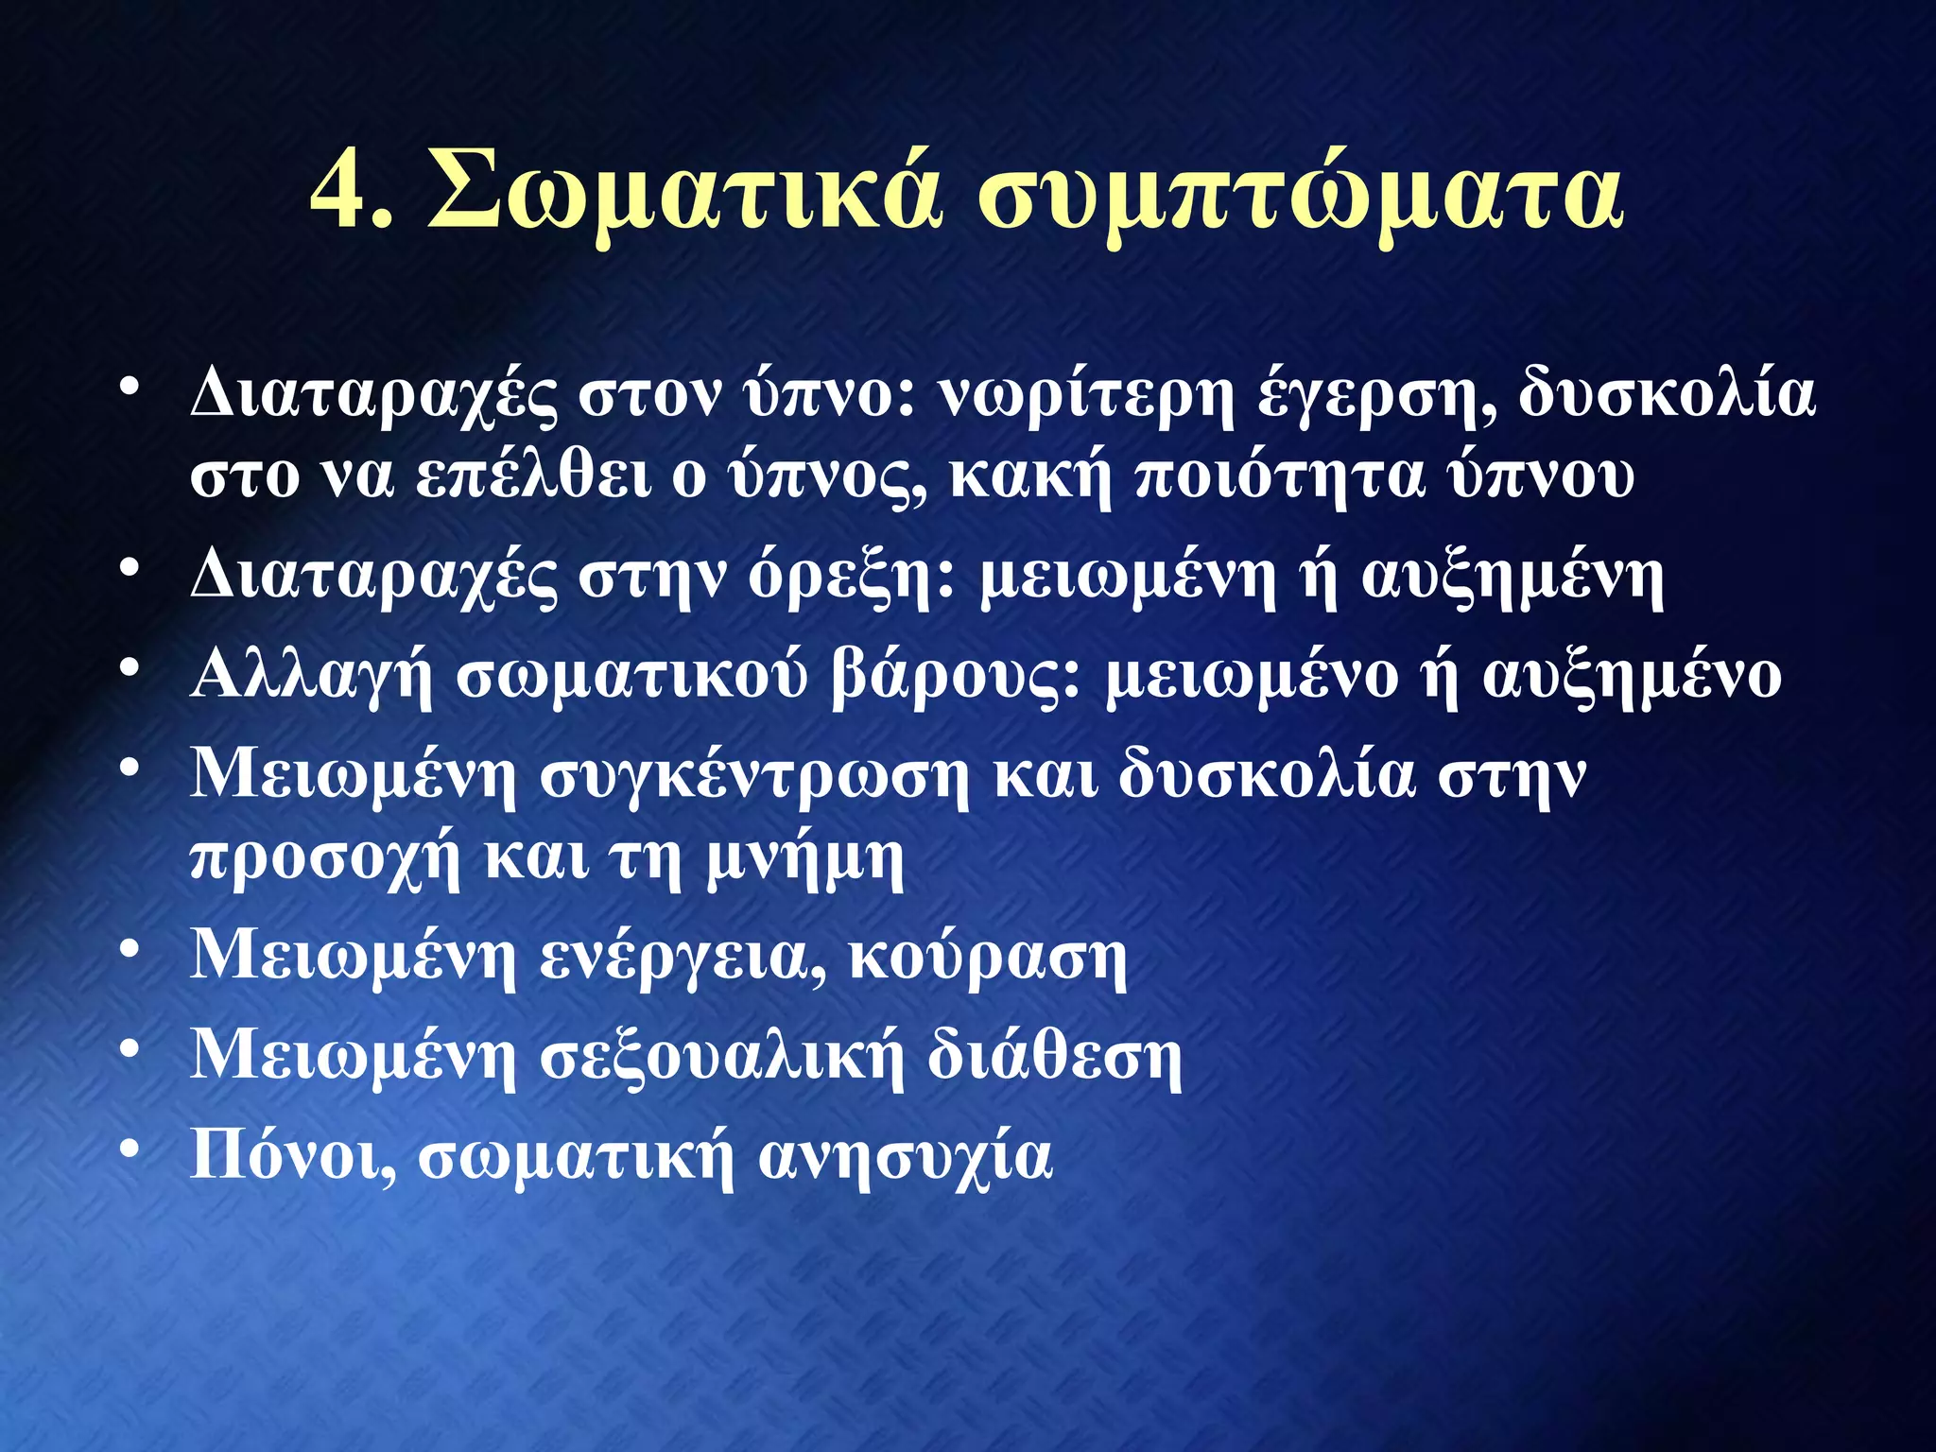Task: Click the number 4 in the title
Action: point(340,194)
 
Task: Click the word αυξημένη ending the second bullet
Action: point(1512,578)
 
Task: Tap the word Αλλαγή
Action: point(311,677)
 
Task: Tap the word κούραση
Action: point(988,959)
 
